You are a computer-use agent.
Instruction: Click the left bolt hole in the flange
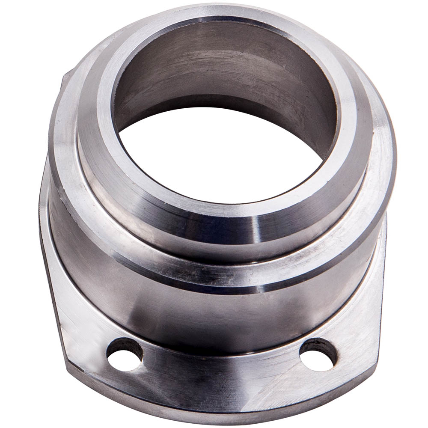pyautogui.click(x=125, y=354)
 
